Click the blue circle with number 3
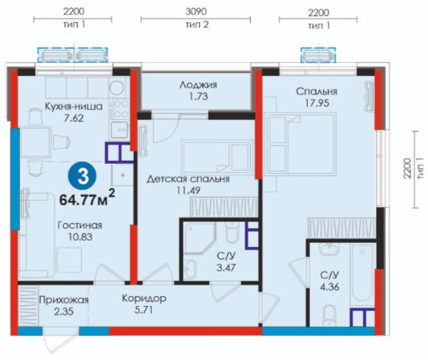point(82,176)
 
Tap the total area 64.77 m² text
point(87,198)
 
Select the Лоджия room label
point(199,85)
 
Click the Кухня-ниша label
point(74,106)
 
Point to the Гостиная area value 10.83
point(80,237)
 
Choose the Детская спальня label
point(188,179)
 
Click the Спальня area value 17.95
point(316,103)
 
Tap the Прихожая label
point(64,300)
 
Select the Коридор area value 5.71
point(144,310)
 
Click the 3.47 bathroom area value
point(226,268)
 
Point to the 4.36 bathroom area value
point(329,287)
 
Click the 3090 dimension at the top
point(196,12)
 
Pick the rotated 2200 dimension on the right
point(407,168)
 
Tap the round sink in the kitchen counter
point(118,87)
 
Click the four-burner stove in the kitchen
point(121,108)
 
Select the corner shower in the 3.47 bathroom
point(199,238)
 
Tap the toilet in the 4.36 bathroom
point(329,315)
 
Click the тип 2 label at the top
point(197,25)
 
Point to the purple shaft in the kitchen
point(119,152)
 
